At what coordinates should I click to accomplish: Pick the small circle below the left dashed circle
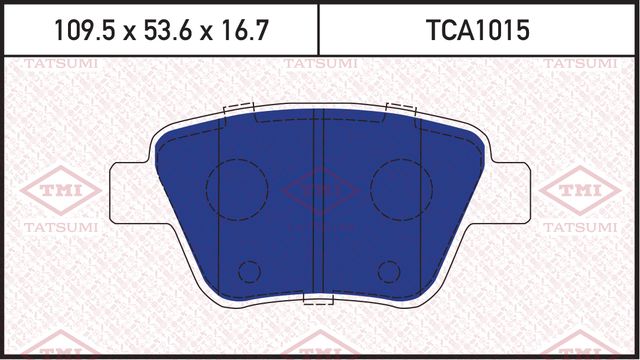[250, 270]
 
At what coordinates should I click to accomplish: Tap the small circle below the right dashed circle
[388, 270]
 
